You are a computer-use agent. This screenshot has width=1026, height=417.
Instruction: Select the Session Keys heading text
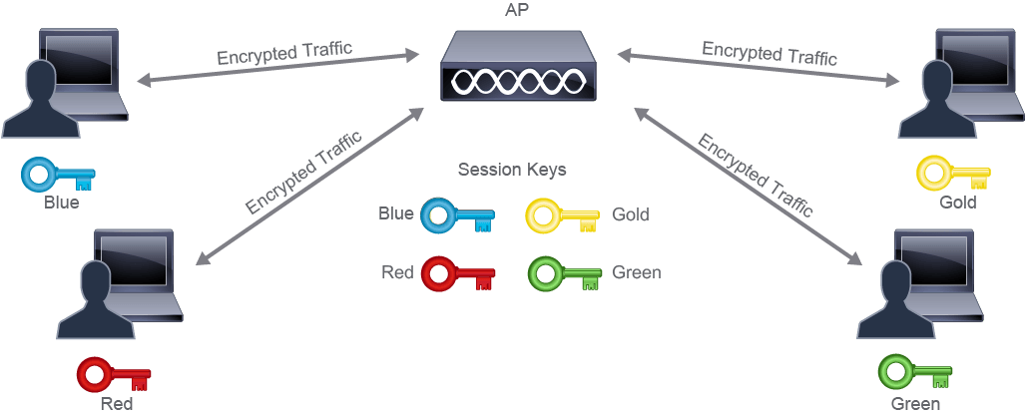pyautogui.click(x=512, y=170)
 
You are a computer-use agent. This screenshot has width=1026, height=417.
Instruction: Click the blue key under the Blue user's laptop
pyautogui.click(x=58, y=175)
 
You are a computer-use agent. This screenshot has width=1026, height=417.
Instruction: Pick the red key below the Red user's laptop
pyautogui.click(x=114, y=374)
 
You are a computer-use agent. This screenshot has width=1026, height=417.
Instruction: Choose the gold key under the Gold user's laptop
pyautogui.click(x=953, y=174)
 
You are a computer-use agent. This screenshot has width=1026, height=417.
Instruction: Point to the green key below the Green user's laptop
pyautogui.click(x=915, y=373)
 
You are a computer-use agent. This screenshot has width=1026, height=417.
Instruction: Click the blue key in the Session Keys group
pyautogui.click(x=457, y=216)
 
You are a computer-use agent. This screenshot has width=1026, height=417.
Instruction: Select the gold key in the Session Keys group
pyautogui.click(x=563, y=216)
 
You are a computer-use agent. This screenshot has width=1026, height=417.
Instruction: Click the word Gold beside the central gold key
pyautogui.click(x=631, y=214)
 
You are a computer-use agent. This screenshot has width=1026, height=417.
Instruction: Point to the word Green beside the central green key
pyautogui.click(x=636, y=272)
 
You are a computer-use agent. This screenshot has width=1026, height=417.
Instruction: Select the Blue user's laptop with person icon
pyautogui.click(x=66, y=83)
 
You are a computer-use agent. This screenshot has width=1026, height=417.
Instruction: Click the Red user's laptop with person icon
pyautogui.click(x=121, y=283)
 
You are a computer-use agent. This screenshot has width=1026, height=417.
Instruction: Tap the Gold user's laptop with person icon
pyautogui.click(x=960, y=83)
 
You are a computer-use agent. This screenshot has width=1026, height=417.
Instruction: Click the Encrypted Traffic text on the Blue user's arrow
pyautogui.click(x=284, y=53)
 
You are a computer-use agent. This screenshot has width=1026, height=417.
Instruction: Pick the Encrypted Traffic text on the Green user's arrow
pyautogui.click(x=755, y=176)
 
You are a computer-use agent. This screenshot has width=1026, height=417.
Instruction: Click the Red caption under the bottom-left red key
pyautogui.click(x=116, y=404)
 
